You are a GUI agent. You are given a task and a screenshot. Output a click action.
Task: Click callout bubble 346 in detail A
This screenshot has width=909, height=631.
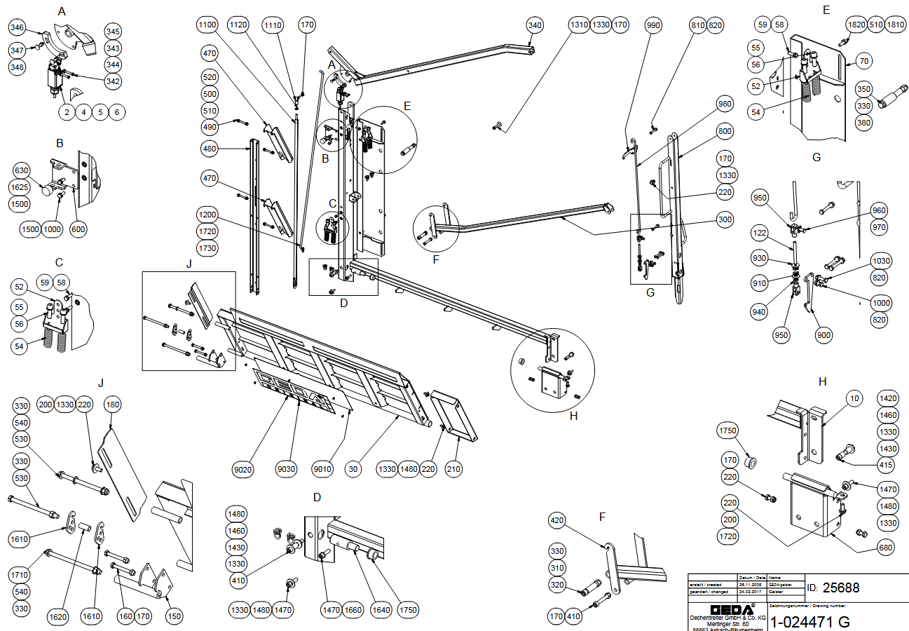[x=17, y=28]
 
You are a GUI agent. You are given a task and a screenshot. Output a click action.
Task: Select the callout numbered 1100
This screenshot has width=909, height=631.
[x=207, y=25]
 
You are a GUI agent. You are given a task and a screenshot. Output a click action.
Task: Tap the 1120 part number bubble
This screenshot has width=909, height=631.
[x=238, y=25]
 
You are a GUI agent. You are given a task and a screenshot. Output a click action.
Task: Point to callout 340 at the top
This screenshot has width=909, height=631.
[x=535, y=25]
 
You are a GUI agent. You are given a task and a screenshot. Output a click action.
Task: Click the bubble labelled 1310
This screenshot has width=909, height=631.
[x=579, y=25]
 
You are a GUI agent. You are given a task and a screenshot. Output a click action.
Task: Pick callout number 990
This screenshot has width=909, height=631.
[x=654, y=25]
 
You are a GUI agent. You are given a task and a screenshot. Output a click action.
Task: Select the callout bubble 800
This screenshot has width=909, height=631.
[x=725, y=131]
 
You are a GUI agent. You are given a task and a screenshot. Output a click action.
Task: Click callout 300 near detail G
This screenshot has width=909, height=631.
[x=725, y=219]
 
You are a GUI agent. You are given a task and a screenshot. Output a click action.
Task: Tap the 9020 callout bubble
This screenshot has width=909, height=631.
[x=242, y=468]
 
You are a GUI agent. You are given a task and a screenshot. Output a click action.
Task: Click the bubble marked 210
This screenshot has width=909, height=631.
[x=453, y=468]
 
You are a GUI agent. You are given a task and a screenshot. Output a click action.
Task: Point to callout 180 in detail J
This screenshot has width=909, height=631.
[x=113, y=405]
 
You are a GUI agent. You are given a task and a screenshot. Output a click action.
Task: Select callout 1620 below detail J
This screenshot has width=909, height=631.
[x=59, y=616]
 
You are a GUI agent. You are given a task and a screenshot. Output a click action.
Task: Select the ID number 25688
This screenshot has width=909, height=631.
[x=840, y=588]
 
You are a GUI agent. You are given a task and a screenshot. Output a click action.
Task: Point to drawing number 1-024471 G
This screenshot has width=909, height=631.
[x=810, y=621]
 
